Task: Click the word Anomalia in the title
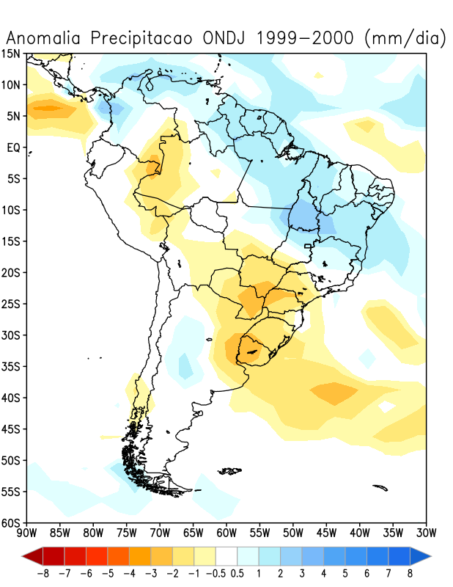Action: click(x=43, y=38)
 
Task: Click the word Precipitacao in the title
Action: click(x=141, y=39)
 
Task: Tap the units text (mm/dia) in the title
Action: click(x=405, y=39)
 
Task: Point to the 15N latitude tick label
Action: click(x=11, y=54)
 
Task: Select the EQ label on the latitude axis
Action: click(x=13, y=147)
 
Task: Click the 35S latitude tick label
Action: click(x=11, y=366)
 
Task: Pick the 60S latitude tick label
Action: click(x=11, y=523)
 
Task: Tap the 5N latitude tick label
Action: click(x=13, y=116)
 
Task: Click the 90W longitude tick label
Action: click(x=27, y=533)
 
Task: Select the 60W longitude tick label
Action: click(x=226, y=533)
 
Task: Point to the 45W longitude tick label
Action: click(x=327, y=533)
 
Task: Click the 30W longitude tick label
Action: click(x=427, y=533)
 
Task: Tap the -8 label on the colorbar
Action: click(x=43, y=573)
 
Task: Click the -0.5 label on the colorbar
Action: click(x=216, y=573)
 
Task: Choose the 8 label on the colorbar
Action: click(x=410, y=573)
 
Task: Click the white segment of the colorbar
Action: click(x=226, y=556)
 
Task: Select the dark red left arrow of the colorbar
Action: click(x=32, y=556)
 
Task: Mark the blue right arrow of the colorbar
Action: click(x=421, y=556)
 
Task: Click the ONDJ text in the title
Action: click(x=224, y=38)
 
